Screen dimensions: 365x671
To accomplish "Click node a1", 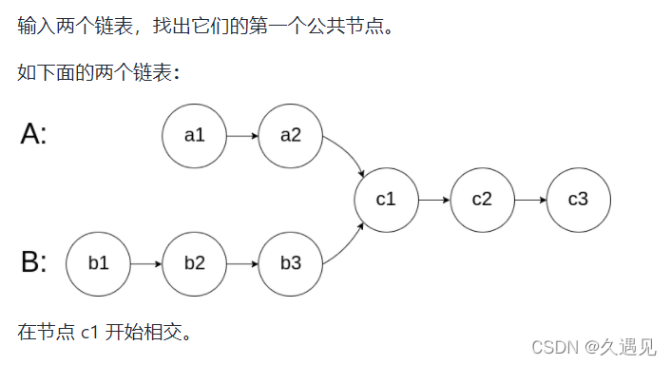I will (x=195, y=135).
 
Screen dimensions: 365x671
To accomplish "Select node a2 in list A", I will (x=291, y=135).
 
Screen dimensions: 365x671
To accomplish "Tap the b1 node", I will (x=99, y=262).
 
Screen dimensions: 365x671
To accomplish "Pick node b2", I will (x=195, y=262).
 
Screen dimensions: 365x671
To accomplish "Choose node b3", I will (x=291, y=262).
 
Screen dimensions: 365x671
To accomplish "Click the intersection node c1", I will (x=386, y=200).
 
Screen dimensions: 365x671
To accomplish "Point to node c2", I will (x=482, y=200).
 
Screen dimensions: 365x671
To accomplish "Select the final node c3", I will (x=578, y=200).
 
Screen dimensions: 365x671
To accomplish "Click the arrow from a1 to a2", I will (x=242, y=135).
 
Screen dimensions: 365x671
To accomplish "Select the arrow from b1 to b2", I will (x=146, y=262).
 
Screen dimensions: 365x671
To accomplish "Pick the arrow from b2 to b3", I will (x=242, y=262).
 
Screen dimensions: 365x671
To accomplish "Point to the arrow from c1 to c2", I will (x=433, y=200).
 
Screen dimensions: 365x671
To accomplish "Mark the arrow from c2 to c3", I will (x=529, y=200).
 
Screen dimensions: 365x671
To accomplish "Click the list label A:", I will (x=33, y=135).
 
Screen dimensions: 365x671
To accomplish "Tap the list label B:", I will (x=33, y=262).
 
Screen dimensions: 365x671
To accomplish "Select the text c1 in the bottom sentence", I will (x=90, y=332).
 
